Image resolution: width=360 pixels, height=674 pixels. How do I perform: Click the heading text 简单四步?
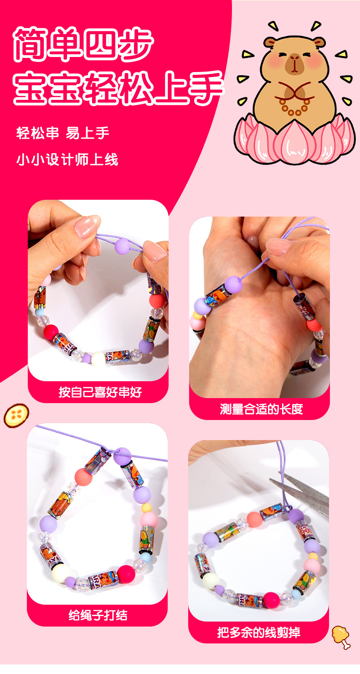click(x=83, y=44)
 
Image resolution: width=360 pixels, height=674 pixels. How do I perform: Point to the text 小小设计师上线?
click(x=67, y=160)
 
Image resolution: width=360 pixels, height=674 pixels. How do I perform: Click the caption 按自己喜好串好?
click(x=100, y=392)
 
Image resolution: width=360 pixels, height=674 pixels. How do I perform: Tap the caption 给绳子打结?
click(x=98, y=616)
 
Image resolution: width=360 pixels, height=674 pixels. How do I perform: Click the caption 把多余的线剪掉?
click(x=259, y=633)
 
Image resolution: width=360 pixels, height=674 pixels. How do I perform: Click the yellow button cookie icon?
click(x=16, y=415)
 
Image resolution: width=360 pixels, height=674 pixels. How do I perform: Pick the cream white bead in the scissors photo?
click(x=211, y=581)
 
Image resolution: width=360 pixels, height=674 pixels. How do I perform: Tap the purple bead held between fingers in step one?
click(x=122, y=246)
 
